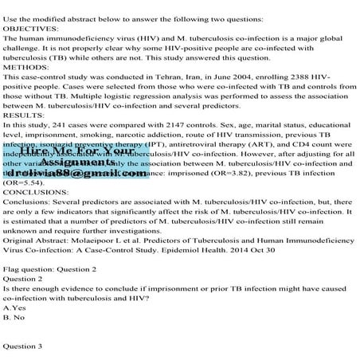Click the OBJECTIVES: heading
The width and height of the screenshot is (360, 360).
[29, 26]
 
